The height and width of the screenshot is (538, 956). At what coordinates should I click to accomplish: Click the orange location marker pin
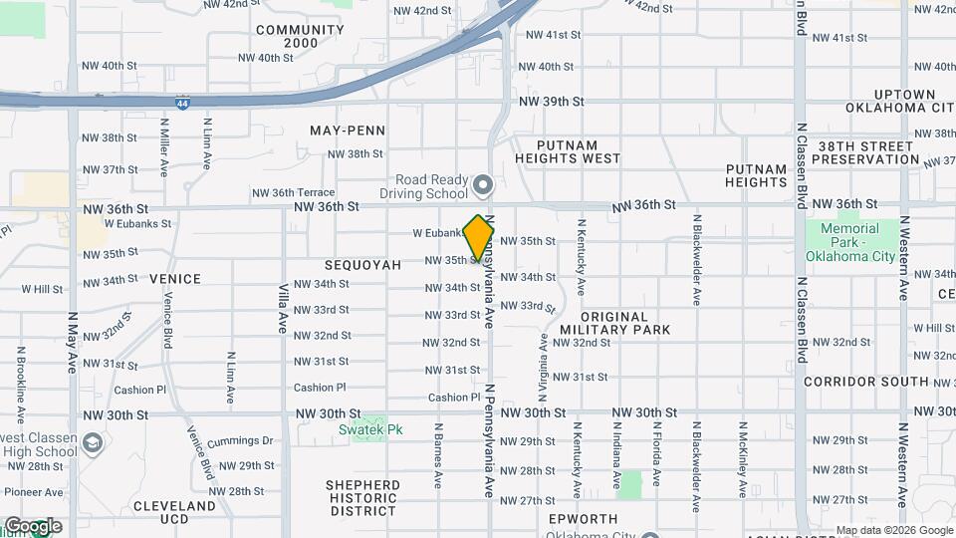[479, 237]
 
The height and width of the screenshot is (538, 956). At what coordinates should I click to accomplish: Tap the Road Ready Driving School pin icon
[483, 184]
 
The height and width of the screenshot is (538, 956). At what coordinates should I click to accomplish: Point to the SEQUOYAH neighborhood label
[362, 265]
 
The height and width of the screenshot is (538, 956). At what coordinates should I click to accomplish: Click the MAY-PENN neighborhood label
[348, 131]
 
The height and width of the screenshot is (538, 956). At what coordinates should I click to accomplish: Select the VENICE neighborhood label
[175, 279]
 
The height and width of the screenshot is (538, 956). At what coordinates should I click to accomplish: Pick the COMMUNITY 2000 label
[301, 36]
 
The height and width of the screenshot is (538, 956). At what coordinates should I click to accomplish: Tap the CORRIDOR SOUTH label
[865, 382]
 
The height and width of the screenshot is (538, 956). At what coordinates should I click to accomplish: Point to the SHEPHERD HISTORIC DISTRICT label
[363, 498]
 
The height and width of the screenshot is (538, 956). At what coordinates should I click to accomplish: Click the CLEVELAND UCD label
[175, 513]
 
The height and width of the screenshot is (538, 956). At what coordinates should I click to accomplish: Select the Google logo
[33, 525]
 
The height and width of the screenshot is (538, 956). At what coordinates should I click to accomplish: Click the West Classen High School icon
[93, 442]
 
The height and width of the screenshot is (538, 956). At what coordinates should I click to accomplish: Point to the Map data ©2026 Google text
[894, 530]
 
